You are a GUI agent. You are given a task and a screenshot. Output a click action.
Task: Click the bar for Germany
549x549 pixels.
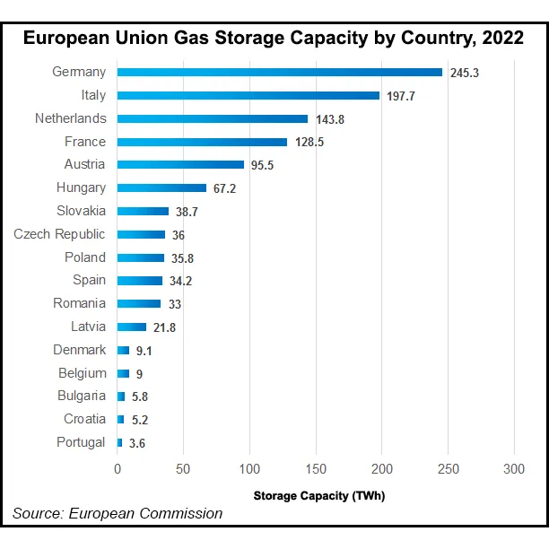pos(279,72)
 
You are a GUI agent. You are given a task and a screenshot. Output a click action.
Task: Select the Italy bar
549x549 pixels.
pos(248,95)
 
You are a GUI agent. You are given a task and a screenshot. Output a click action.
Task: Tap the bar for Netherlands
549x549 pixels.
pos(213,118)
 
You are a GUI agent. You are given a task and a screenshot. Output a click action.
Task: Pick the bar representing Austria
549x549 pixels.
pos(180,164)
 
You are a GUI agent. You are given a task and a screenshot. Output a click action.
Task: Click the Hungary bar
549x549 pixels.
pos(161,187)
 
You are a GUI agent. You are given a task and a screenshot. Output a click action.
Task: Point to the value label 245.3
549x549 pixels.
pos(465,73)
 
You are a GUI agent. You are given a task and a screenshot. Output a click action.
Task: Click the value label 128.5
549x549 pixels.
pos(310,142)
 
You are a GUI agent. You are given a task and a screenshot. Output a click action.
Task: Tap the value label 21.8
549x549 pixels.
pos(164,327)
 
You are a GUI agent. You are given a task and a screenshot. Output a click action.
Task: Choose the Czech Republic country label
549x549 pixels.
pos(59,234)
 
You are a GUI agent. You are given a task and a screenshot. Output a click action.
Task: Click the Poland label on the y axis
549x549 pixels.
pos(85,257)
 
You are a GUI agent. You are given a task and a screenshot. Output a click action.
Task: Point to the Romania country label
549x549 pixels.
pos(80,303)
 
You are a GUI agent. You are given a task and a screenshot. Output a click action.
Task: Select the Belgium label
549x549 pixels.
pos(83,373)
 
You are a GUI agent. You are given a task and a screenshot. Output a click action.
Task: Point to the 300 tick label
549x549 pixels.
pos(514,468)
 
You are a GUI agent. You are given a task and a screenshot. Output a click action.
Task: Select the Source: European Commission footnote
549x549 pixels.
pos(118,513)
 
